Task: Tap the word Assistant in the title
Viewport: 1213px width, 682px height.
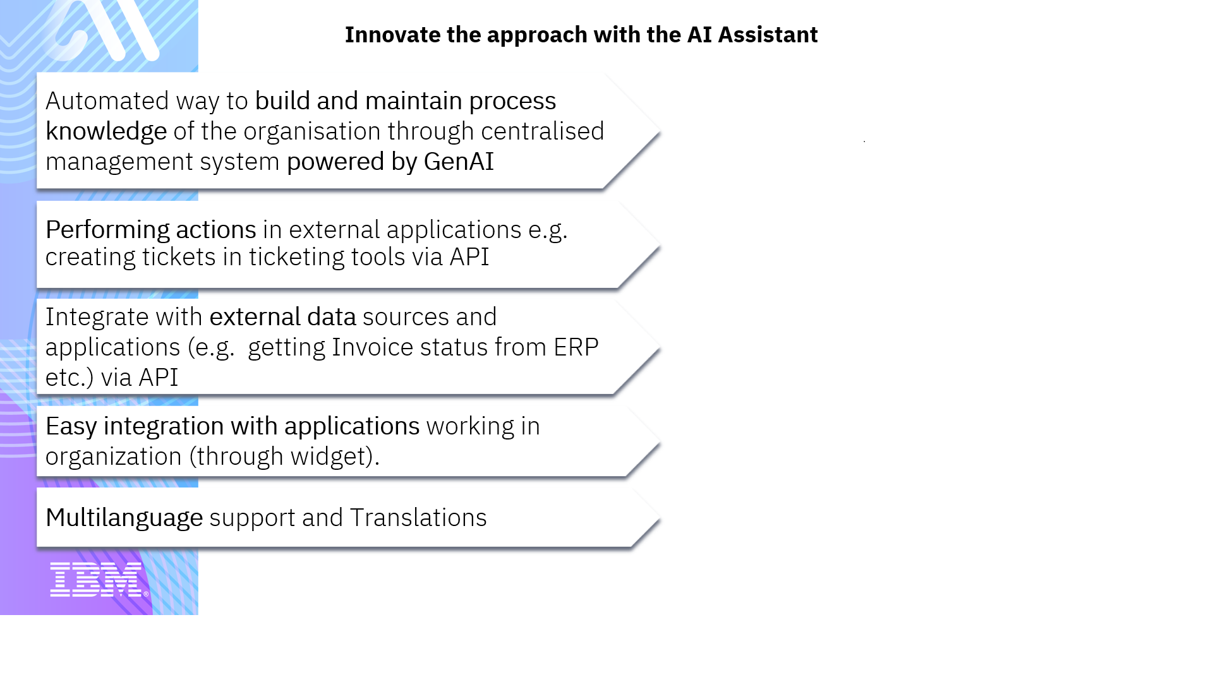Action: pyautogui.click(x=768, y=35)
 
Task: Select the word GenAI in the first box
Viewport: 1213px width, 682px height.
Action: pyautogui.click(x=459, y=162)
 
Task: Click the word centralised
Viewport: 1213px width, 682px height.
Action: pyautogui.click(x=543, y=131)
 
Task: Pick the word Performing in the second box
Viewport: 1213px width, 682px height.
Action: pyautogui.click(x=107, y=230)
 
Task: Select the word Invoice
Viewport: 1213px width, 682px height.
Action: pyautogui.click(x=373, y=347)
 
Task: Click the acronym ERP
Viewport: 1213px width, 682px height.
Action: pyautogui.click(x=576, y=347)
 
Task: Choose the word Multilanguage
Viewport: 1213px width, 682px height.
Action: pyautogui.click(x=124, y=518)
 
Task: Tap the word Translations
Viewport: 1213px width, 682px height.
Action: pyautogui.click(x=418, y=518)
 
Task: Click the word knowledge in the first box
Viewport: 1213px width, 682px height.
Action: pyautogui.click(x=106, y=132)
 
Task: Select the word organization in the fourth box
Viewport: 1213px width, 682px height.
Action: pyautogui.click(x=114, y=457)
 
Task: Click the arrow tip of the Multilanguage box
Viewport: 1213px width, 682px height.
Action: pyautogui.click(x=660, y=518)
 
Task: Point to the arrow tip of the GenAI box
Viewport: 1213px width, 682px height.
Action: pyautogui.click(x=660, y=131)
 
